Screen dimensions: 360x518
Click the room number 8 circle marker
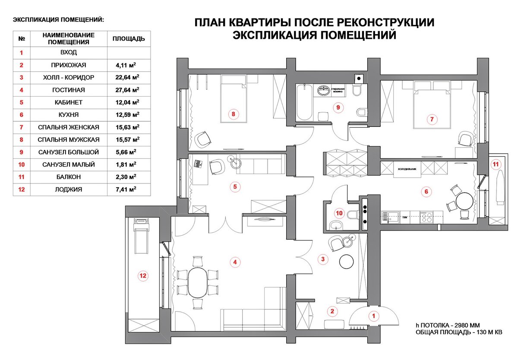pyautogui.click(x=233, y=114)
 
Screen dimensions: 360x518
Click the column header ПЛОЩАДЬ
pyautogui.click(x=129, y=39)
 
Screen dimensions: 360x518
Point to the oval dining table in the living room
pyautogui.click(x=197, y=282)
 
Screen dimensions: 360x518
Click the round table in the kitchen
pyautogui.click(x=464, y=201)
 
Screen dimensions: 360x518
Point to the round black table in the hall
pyautogui.click(x=347, y=261)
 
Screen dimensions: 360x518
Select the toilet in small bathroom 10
pyautogui.click(x=353, y=214)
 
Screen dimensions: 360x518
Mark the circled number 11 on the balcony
pyautogui.click(x=495, y=164)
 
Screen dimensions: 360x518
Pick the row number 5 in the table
pyautogui.click(x=21, y=103)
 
